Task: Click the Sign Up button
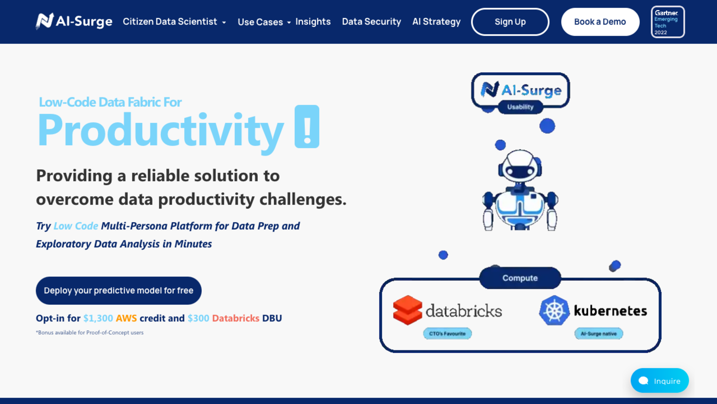pyautogui.click(x=510, y=22)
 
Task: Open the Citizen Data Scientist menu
pyautogui.click(x=174, y=22)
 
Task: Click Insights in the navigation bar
pyautogui.click(x=313, y=22)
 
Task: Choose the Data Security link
pyautogui.click(x=371, y=22)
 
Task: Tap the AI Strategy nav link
pyautogui.click(x=436, y=22)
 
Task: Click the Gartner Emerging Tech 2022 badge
pyautogui.click(x=668, y=22)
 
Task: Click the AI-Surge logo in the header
pyautogui.click(x=74, y=21)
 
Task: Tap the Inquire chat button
pyautogui.click(x=660, y=381)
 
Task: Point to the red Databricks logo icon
pyautogui.click(x=407, y=310)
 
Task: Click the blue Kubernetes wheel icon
pyautogui.click(x=554, y=310)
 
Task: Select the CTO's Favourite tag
pyautogui.click(x=447, y=333)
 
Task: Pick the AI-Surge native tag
pyautogui.click(x=599, y=333)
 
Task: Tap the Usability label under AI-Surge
pyautogui.click(x=520, y=107)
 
